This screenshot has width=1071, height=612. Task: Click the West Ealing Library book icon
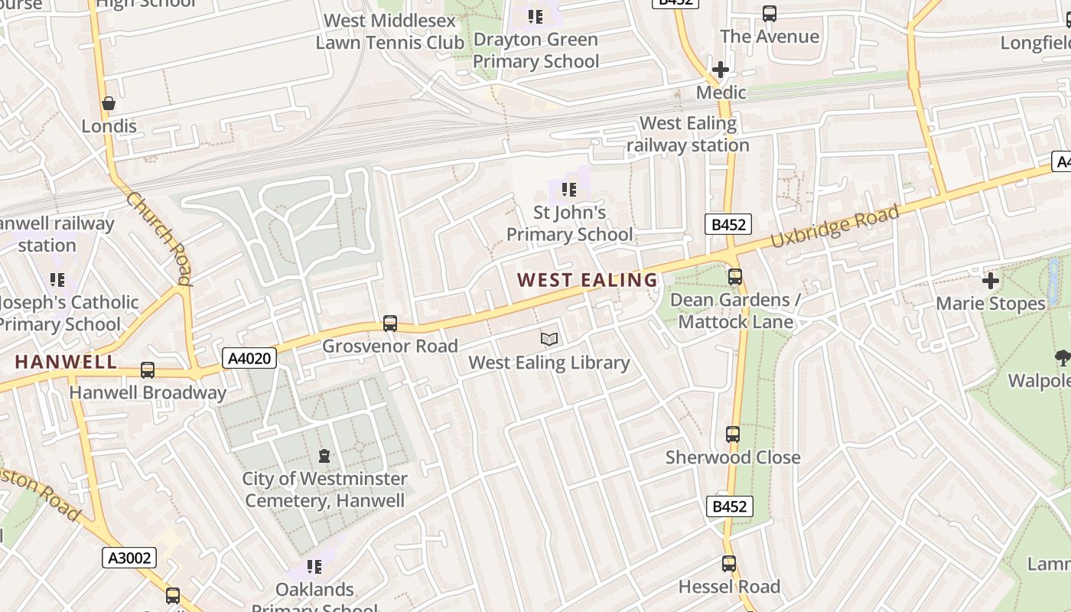[x=549, y=339]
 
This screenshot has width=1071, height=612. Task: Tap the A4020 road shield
[x=249, y=357]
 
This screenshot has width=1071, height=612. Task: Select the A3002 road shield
[x=129, y=558]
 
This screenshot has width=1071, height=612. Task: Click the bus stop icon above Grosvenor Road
[x=390, y=323]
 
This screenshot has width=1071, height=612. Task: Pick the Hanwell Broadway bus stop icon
[x=148, y=370]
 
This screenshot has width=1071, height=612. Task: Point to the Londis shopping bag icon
[x=109, y=103]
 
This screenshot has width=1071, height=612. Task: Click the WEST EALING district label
[x=588, y=280]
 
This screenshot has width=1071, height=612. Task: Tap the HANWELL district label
[x=66, y=362]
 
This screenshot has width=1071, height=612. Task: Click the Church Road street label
[x=159, y=238]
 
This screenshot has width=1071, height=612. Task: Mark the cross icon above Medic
[x=720, y=70]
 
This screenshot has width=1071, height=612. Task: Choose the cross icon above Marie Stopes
[x=991, y=281]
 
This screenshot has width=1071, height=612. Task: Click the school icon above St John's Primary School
[x=568, y=189]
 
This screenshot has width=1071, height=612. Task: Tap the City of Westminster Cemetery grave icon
[x=324, y=456]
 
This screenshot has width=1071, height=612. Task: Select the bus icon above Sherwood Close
[x=733, y=435]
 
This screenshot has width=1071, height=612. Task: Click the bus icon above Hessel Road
[x=729, y=564]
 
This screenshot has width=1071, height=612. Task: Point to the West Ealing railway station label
[x=688, y=134]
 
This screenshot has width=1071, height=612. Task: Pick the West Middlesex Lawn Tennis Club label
[x=390, y=31]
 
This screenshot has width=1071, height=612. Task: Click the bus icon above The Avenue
[x=770, y=14]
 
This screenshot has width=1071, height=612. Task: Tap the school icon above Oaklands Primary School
[x=314, y=567]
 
